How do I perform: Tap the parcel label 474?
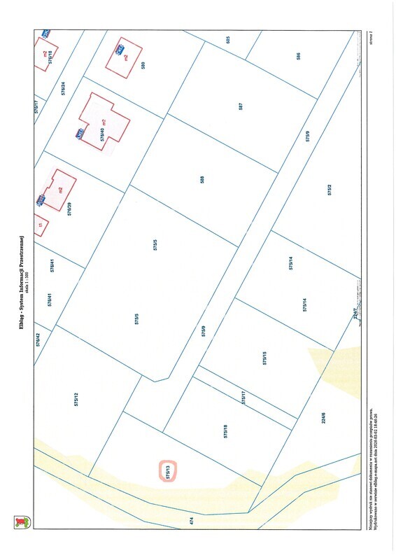pyautogui.click(x=192, y=521)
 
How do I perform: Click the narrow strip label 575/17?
pyautogui.click(x=243, y=398)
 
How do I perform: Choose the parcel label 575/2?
pyautogui.click(x=329, y=189)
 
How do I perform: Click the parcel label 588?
pyautogui.click(x=202, y=179)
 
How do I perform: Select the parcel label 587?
pyautogui.click(x=240, y=108)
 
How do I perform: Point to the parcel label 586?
pyautogui.click(x=298, y=56)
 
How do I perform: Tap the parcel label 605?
pyautogui.click(x=228, y=39)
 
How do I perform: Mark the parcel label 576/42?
pyautogui.click(x=38, y=339)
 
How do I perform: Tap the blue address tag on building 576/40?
pyautogui.click(x=81, y=133)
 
